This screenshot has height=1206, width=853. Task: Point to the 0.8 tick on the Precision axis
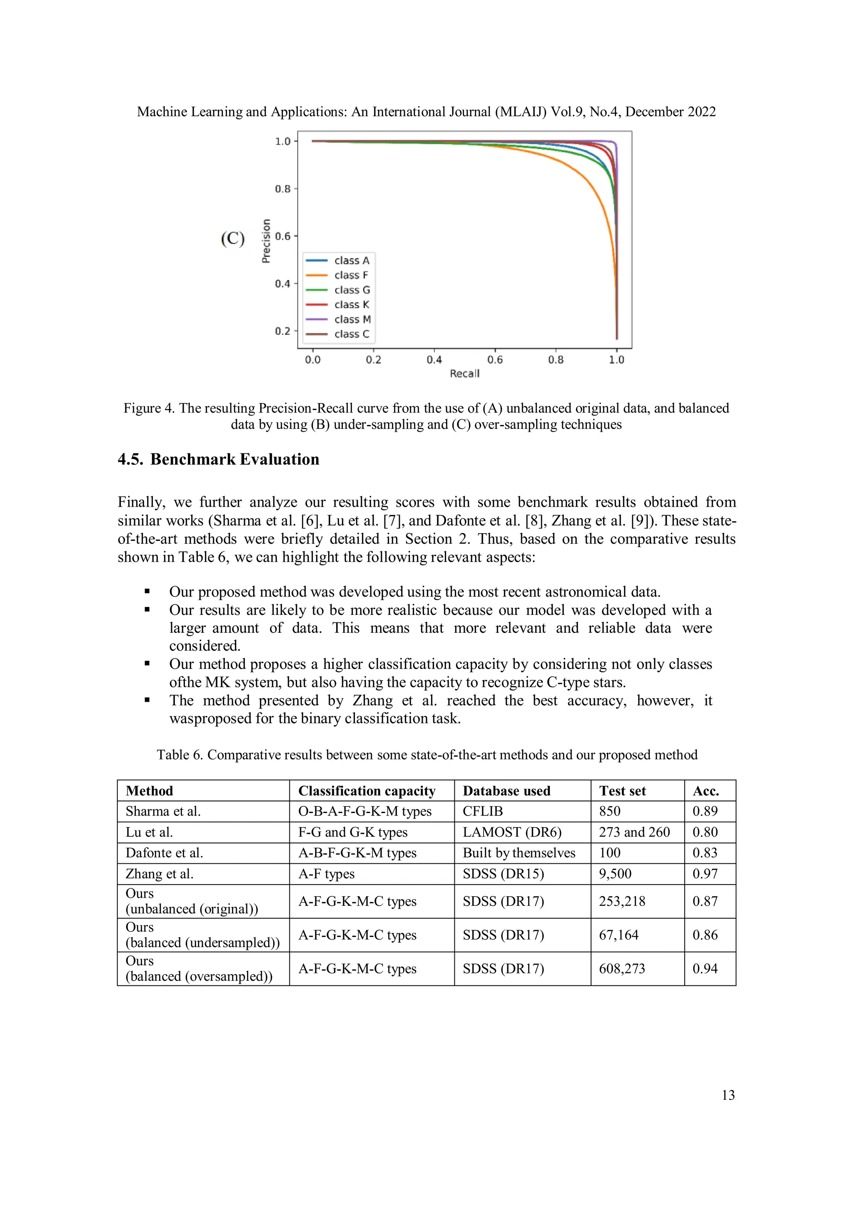pyautogui.click(x=283, y=189)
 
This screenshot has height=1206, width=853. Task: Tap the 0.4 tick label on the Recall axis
pyautogui.click(x=434, y=360)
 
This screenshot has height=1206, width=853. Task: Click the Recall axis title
pyautogui.click(x=464, y=373)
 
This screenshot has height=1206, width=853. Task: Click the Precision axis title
pyautogui.click(x=266, y=241)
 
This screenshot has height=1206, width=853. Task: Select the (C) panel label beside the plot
pyautogui.click(x=233, y=239)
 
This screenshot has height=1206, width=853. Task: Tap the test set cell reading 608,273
pyautogui.click(x=622, y=969)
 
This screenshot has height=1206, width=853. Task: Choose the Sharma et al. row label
pyautogui.click(x=163, y=811)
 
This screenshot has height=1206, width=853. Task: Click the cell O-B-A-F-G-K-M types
pyautogui.click(x=365, y=811)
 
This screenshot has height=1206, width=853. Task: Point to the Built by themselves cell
pyautogui.click(x=519, y=853)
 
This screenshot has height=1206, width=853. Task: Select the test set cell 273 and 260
pyautogui.click(x=634, y=833)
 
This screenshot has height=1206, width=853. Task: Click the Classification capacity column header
pyautogui.click(x=367, y=791)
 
